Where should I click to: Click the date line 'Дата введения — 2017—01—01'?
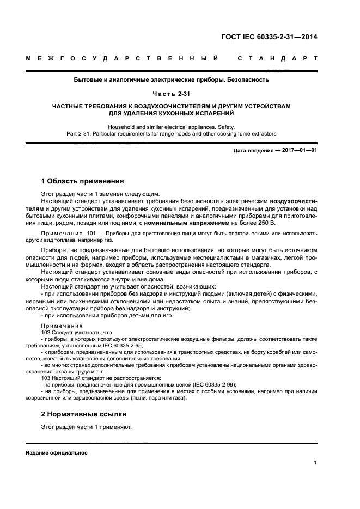coord(275,150)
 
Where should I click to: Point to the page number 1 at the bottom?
coord(315,463)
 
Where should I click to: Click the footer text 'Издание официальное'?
coord(56,452)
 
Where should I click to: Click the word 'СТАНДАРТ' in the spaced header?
coord(277,58)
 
